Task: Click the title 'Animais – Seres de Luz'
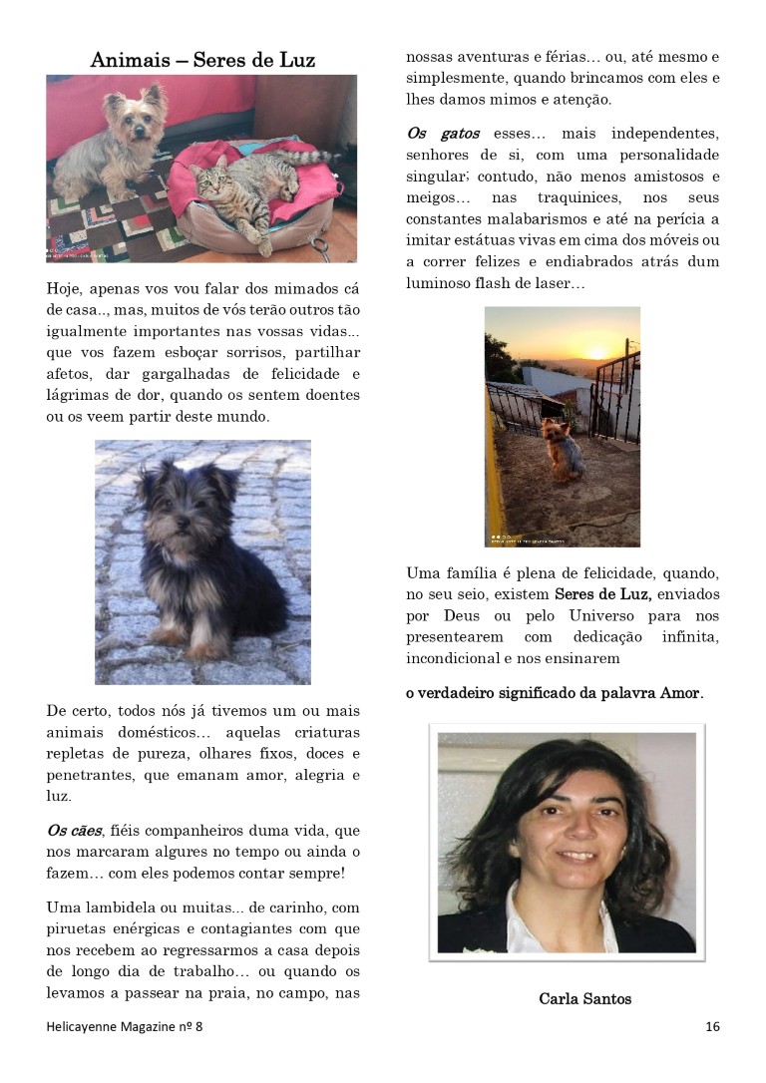coord(202,60)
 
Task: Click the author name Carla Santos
coord(584,998)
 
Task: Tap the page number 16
coord(712,1026)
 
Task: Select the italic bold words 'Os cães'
coord(75,830)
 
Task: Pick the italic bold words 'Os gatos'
coord(443,133)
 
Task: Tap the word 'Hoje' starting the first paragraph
coord(65,289)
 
